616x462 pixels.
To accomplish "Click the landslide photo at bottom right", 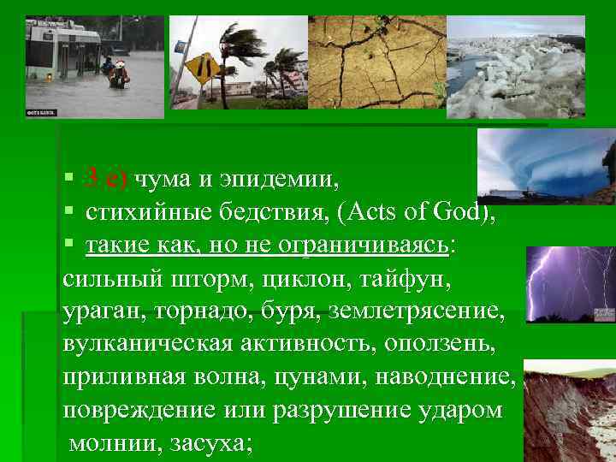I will point(569,411).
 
